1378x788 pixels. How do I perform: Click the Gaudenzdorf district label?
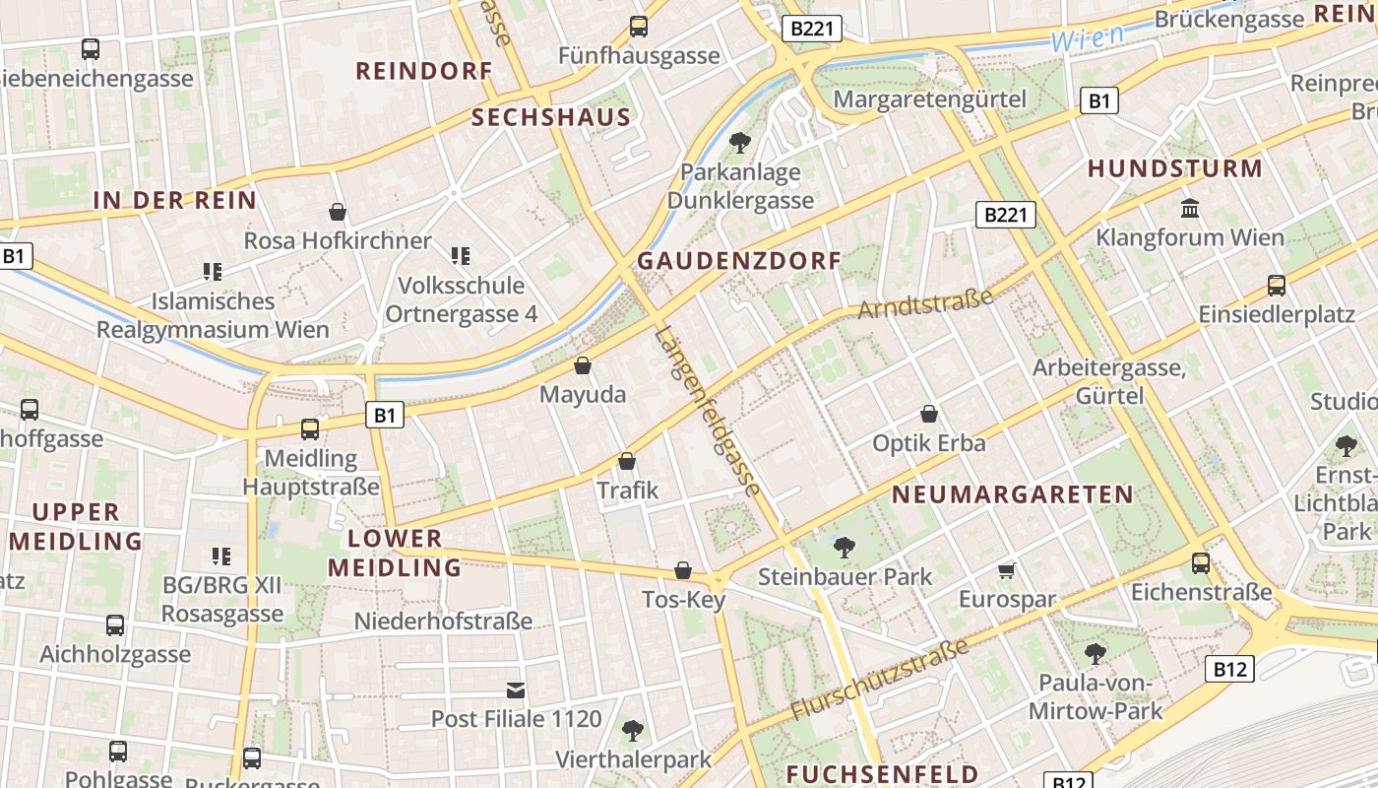(739, 261)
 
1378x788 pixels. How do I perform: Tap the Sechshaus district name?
(550, 118)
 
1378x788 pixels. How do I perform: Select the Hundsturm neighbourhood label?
(1174, 169)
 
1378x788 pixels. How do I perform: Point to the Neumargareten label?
(1013, 494)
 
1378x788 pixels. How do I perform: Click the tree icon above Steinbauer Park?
(844, 547)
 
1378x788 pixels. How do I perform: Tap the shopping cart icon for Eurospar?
(1006, 570)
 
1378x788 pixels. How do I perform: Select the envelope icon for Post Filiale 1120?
(516, 689)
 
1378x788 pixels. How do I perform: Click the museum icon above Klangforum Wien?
(1190, 209)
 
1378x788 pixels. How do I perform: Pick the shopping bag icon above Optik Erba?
(928, 414)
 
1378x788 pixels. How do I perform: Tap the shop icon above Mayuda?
(583, 365)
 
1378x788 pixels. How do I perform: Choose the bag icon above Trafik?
(627, 461)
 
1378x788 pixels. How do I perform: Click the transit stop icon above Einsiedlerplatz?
(1277, 286)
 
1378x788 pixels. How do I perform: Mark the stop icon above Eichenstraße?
(1201, 563)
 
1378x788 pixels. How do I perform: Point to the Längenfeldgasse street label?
(707, 412)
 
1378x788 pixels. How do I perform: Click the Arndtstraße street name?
(925, 303)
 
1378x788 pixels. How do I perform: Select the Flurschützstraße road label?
(881, 679)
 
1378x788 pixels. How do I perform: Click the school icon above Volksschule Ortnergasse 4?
(461, 256)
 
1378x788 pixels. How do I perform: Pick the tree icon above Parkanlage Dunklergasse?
(739, 143)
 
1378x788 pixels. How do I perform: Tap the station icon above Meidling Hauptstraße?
(310, 428)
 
